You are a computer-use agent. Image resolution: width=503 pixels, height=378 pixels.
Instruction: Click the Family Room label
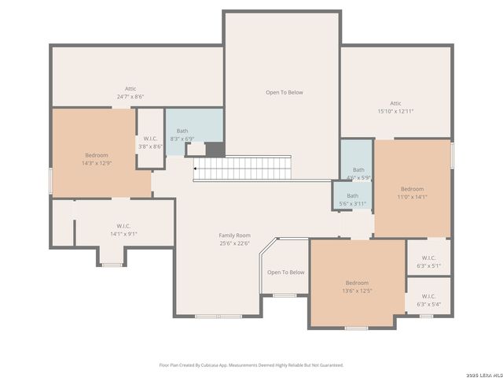[x=234, y=235]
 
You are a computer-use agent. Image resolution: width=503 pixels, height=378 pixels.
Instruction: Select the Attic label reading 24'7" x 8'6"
[x=130, y=93]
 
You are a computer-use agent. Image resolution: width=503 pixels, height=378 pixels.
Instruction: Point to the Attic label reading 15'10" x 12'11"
[x=395, y=107]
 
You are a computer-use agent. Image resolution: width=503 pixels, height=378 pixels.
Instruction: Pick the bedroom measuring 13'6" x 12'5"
[x=357, y=287]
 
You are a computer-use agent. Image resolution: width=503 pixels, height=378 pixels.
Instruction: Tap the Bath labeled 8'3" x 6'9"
[x=182, y=135]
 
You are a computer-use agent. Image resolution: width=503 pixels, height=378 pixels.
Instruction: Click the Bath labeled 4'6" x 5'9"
[x=358, y=173]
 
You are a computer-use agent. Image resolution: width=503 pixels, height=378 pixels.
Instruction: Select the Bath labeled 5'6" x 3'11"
[x=352, y=200]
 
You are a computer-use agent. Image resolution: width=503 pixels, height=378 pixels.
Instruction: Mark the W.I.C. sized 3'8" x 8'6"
[x=150, y=143]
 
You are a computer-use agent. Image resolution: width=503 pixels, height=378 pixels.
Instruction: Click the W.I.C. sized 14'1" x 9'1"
[x=123, y=229]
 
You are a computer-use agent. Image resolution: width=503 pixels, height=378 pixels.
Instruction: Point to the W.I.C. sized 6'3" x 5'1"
[x=428, y=261]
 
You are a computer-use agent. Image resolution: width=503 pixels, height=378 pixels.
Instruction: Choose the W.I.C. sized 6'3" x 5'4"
[x=428, y=300]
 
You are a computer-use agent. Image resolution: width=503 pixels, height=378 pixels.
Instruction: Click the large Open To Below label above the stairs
[x=284, y=92]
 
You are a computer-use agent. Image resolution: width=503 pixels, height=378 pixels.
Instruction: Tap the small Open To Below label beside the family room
[x=285, y=272]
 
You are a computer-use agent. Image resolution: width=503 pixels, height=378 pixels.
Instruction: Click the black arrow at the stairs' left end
[x=195, y=168]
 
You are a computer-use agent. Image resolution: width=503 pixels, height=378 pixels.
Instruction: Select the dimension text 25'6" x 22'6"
[x=234, y=243]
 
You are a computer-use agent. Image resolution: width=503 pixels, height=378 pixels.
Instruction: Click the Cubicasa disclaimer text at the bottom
[x=251, y=365]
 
